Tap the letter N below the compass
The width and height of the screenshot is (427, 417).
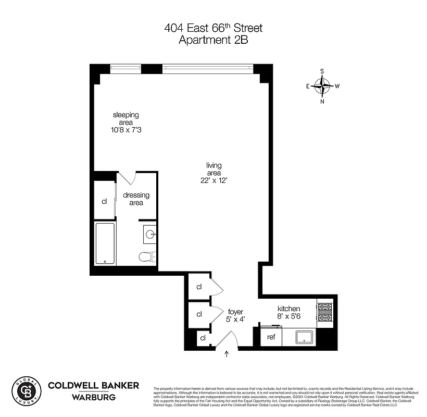point(322,102)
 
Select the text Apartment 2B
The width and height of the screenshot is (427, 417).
point(213,41)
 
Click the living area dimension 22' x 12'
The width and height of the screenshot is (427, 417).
point(213,180)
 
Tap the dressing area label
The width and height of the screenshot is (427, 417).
point(136,199)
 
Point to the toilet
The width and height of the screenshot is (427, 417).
point(146,256)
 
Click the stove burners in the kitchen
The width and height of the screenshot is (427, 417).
point(324,312)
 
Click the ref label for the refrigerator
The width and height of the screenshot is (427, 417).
point(271,337)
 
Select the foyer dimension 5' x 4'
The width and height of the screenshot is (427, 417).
point(236,320)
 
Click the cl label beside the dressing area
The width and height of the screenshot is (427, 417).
point(104,201)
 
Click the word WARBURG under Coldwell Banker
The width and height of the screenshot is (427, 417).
point(93,397)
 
